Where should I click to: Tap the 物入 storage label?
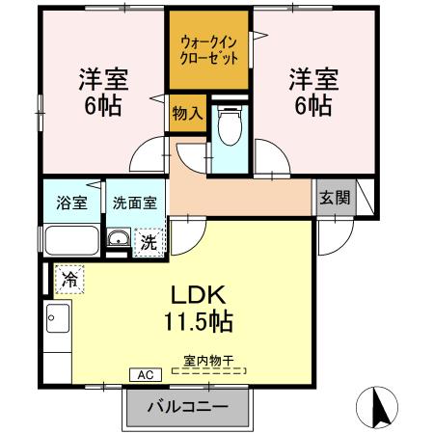coord(186,114)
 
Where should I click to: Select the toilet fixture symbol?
coord(230,125)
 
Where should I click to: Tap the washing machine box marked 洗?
coord(149,240)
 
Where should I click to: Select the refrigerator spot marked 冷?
coord(69,280)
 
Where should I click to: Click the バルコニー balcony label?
coord(188,406)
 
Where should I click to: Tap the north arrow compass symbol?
coord(379,406)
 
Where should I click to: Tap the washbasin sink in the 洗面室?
coord(119,240)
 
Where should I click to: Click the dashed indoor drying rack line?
coord(209,369)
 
